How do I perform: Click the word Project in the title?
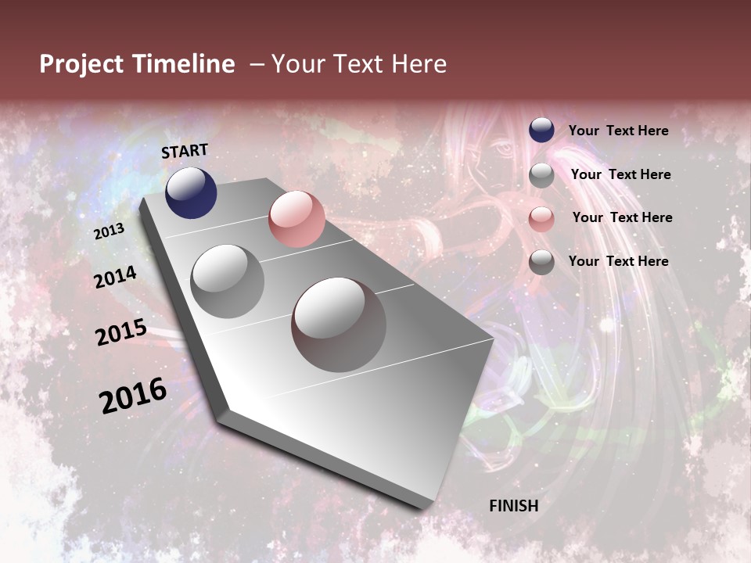[82, 64]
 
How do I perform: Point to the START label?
[185, 151]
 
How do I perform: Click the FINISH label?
[514, 506]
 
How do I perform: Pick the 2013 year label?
[110, 231]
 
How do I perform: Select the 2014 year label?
[116, 277]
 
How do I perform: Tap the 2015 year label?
[121, 332]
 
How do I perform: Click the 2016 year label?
[133, 396]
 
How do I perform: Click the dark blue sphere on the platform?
[191, 192]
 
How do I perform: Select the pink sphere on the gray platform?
[296, 219]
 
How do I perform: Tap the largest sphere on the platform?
[339, 324]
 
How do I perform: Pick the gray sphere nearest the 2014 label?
[228, 281]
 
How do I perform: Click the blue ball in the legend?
[541, 131]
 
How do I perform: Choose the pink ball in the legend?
[541, 219]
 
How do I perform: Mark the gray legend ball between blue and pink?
[541, 175]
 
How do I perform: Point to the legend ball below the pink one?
[541, 262]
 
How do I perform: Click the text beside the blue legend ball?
[619, 131]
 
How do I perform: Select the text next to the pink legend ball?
[622, 217]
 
